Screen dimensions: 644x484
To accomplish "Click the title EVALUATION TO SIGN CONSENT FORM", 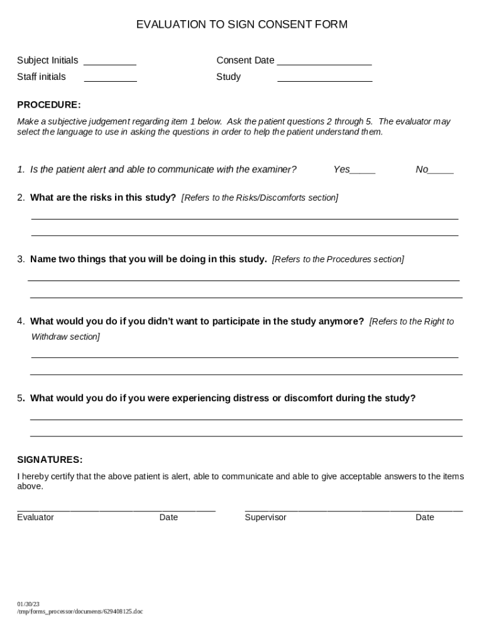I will coord(241,25).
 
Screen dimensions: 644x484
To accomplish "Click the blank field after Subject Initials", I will coord(110,62).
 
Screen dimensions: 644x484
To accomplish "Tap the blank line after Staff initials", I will coord(111,78).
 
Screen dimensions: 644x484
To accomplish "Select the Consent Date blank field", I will coord(324,62).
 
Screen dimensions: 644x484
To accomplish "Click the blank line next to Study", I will coord(325,78).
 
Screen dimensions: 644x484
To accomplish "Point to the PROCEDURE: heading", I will coord(49,104).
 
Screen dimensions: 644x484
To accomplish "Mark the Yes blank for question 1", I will coord(363,170).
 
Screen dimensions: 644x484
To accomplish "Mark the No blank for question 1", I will coord(442,170).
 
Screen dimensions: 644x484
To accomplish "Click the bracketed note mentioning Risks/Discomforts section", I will coord(260,197).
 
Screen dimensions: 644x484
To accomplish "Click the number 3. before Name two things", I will coord(21,259).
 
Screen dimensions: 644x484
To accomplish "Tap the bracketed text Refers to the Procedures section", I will coord(338,259).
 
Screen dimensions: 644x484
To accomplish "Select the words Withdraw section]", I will coord(65,337).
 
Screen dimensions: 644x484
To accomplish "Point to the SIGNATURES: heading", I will coord(50,460).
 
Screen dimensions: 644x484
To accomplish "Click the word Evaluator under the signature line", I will coord(35,518).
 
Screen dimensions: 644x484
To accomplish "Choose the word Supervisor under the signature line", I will coord(265,518).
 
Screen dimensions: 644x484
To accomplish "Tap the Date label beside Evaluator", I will coord(168,518).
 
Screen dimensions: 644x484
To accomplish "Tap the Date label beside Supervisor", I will coord(424,518).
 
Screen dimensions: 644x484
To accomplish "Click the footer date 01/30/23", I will coord(28,604).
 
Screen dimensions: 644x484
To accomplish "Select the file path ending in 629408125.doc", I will coord(80,611).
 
